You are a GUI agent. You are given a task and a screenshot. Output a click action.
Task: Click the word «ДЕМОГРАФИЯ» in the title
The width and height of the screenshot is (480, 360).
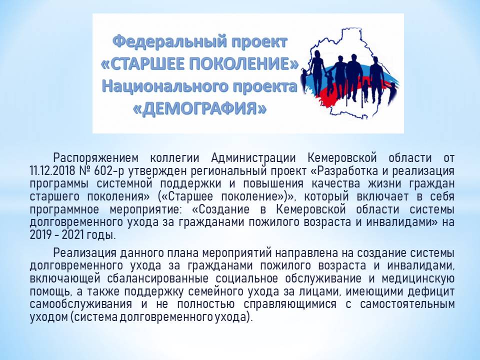pyautogui.click(x=199, y=108)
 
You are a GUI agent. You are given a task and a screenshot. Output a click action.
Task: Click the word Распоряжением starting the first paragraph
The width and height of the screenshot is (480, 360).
pyautogui.click(x=96, y=158)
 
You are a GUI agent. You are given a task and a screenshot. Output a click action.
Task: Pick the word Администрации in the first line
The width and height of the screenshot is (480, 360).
pyautogui.click(x=253, y=158)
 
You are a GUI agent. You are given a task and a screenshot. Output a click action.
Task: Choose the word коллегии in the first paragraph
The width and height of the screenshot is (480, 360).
pyautogui.click(x=174, y=158)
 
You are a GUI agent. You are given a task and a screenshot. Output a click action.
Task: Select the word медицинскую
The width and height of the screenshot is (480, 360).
pyautogui.click(x=418, y=278)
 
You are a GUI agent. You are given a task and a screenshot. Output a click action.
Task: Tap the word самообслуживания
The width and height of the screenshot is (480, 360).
pyautogui.click(x=81, y=304)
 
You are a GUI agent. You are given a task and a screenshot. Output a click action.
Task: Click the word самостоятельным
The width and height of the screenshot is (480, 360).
pyautogui.click(x=407, y=304)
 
